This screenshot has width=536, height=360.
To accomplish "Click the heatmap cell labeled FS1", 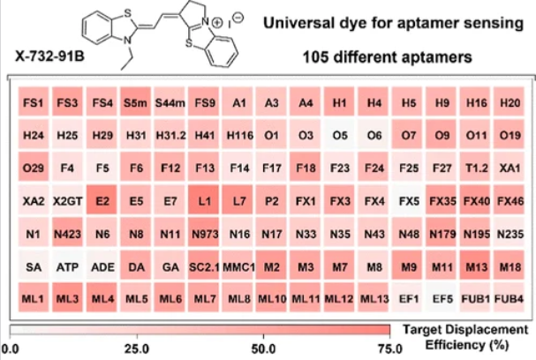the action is [x=34, y=101].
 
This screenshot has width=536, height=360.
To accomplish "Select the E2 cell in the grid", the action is [x=102, y=200].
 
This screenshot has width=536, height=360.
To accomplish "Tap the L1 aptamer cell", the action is [x=204, y=200].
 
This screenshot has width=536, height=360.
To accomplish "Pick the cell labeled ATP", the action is [x=67, y=266].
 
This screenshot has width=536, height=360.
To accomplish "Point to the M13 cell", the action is [x=475, y=266].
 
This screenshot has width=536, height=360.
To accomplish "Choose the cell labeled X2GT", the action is [x=67, y=200].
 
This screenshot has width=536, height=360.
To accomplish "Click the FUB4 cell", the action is [x=509, y=298].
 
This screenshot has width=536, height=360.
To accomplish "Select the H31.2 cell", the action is [x=170, y=135].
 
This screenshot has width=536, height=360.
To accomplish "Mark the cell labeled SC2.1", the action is [x=204, y=266].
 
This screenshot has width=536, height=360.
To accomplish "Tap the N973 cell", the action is [x=204, y=233].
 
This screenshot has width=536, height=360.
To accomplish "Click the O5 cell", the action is [x=339, y=135].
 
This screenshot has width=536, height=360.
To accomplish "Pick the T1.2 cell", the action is [x=475, y=168].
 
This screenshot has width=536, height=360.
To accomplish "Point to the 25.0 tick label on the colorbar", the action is [x=137, y=349].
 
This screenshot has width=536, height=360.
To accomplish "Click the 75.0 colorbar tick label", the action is [x=390, y=349].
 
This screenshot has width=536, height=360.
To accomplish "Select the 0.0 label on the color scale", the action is [x=10, y=349].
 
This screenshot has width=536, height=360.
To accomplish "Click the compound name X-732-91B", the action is [x=50, y=56].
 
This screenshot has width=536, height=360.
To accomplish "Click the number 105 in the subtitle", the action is [x=315, y=56].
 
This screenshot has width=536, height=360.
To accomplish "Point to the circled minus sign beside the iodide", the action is [x=238, y=17].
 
